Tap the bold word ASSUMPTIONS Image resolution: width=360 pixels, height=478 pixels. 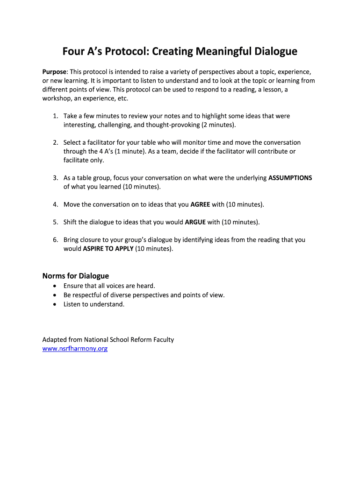tap(290, 178)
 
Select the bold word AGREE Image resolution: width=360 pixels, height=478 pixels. tap(200, 204)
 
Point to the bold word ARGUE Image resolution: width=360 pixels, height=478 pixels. tap(195, 222)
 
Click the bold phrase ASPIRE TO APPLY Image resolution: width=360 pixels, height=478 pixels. tap(108, 249)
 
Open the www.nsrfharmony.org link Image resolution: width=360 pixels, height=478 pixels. tap(75, 349)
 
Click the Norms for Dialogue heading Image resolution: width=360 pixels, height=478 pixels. tap(76, 276)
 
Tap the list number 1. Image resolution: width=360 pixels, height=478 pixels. tap(55, 116)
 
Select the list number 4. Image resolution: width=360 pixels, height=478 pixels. tap(55, 204)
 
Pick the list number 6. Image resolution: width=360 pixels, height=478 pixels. tap(55, 240)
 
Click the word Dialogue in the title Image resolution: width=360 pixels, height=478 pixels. tap(275, 51)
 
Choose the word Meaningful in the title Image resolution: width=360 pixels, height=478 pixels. tap(219, 51)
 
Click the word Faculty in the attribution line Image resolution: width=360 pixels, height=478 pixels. tap(163, 340)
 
